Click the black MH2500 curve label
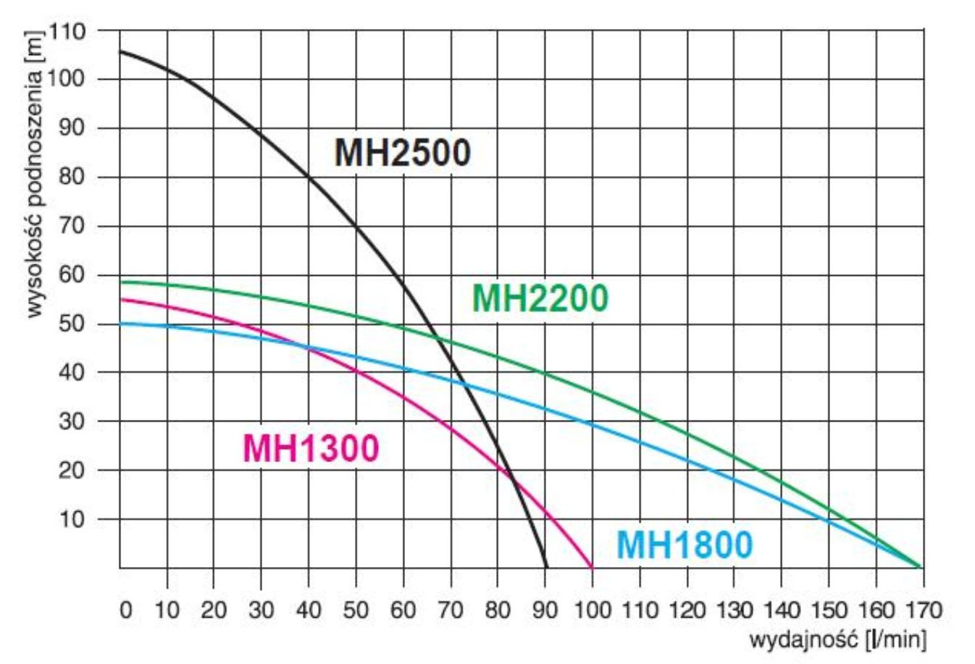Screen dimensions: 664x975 pos(402,154)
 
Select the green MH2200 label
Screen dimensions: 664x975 pos(540,298)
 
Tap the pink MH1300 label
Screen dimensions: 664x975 pos(311,448)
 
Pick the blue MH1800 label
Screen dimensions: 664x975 pos(685,545)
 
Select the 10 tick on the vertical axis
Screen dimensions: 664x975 pos(73,519)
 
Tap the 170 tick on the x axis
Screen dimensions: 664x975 pos(923,610)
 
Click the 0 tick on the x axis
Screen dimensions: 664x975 pos(125,610)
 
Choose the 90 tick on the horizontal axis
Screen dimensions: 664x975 pos(545,610)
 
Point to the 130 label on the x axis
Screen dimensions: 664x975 pos(734,610)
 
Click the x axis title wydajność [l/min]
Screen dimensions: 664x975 pos(837,640)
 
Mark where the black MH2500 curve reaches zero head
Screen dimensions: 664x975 pos(546,567)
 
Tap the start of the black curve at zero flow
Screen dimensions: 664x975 pos(121,51)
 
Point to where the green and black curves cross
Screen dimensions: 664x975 pos(438,337)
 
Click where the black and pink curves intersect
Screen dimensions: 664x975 pos(510,479)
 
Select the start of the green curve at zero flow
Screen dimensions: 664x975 pos(121,282)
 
